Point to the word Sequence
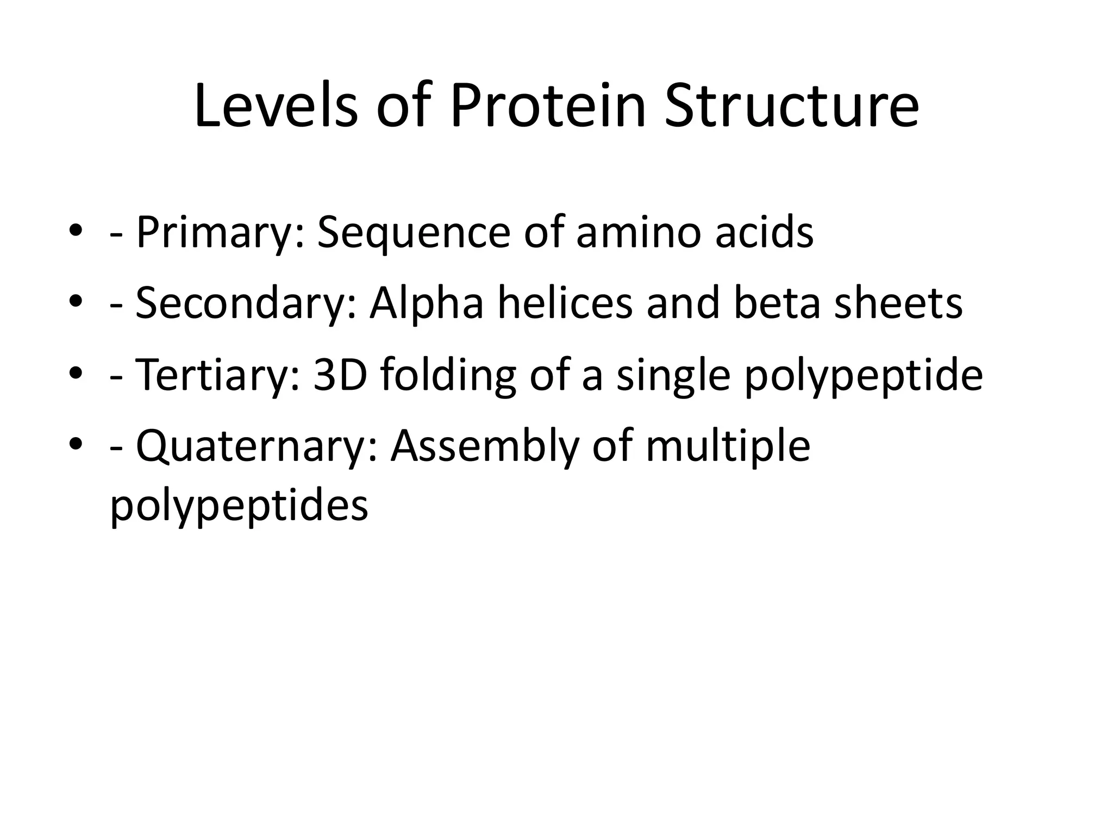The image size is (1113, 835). click(413, 233)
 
